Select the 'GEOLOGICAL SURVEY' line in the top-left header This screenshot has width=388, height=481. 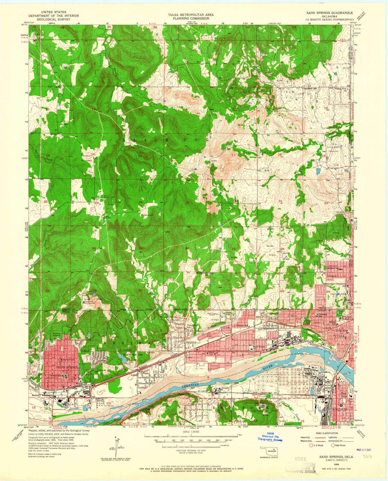(54, 18)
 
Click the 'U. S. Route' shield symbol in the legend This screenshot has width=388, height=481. (311, 445)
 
